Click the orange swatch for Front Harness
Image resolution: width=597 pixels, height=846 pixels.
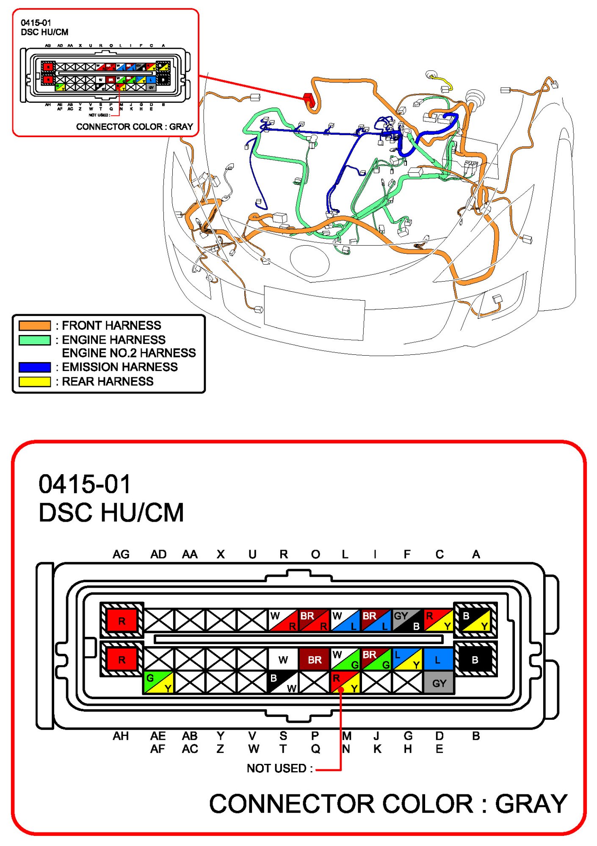(x=35, y=325)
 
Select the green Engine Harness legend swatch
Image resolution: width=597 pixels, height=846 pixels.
(x=35, y=340)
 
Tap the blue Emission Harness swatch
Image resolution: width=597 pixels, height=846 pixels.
(x=35, y=367)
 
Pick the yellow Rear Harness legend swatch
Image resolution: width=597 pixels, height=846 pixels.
(x=35, y=381)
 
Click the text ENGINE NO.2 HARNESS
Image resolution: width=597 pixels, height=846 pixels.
(x=129, y=353)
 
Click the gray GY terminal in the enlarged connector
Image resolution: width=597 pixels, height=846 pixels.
(x=439, y=683)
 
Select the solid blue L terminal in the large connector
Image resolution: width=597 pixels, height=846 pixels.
(x=438, y=660)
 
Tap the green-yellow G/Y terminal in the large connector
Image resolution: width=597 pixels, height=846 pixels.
(x=159, y=683)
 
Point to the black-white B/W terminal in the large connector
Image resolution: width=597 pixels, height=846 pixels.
(x=283, y=683)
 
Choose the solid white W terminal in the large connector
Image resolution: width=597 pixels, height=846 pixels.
(x=283, y=660)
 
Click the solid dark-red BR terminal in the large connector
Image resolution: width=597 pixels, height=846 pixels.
(x=314, y=660)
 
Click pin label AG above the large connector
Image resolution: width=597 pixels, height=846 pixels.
(x=121, y=554)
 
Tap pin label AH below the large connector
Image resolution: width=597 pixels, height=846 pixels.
(x=121, y=736)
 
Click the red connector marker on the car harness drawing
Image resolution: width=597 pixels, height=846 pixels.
(x=309, y=100)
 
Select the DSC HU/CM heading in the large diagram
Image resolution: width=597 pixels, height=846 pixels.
(x=111, y=512)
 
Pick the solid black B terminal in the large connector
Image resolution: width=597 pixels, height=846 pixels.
(x=475, y=660)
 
